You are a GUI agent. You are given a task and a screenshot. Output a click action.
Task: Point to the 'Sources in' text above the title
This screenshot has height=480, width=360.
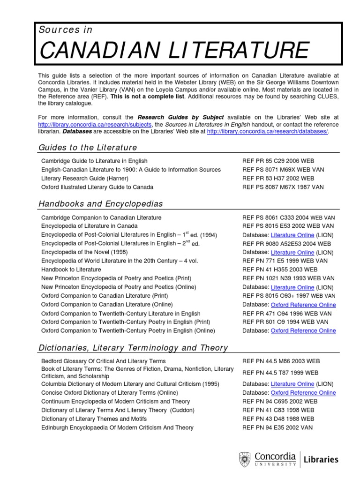66,30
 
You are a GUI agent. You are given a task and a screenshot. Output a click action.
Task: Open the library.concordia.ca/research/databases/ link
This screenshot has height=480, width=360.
267,132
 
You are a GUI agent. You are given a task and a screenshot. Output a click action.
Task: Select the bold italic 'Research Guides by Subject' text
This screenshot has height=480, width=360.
180,117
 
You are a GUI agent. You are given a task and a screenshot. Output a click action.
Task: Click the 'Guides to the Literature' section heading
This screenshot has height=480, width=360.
88,148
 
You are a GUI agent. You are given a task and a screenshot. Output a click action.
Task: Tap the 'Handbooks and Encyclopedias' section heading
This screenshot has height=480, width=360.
100,204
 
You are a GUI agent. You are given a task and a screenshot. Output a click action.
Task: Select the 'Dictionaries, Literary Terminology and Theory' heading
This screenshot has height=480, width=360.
133,348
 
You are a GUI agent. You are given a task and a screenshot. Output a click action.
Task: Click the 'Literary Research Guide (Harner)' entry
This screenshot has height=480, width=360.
85,178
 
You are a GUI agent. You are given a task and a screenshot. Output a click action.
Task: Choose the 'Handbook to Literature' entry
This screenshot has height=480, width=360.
71,270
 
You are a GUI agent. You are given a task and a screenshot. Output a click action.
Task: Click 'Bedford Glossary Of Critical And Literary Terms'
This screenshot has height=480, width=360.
103,361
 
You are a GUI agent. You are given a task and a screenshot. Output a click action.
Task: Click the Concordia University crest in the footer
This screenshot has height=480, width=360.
244,459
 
